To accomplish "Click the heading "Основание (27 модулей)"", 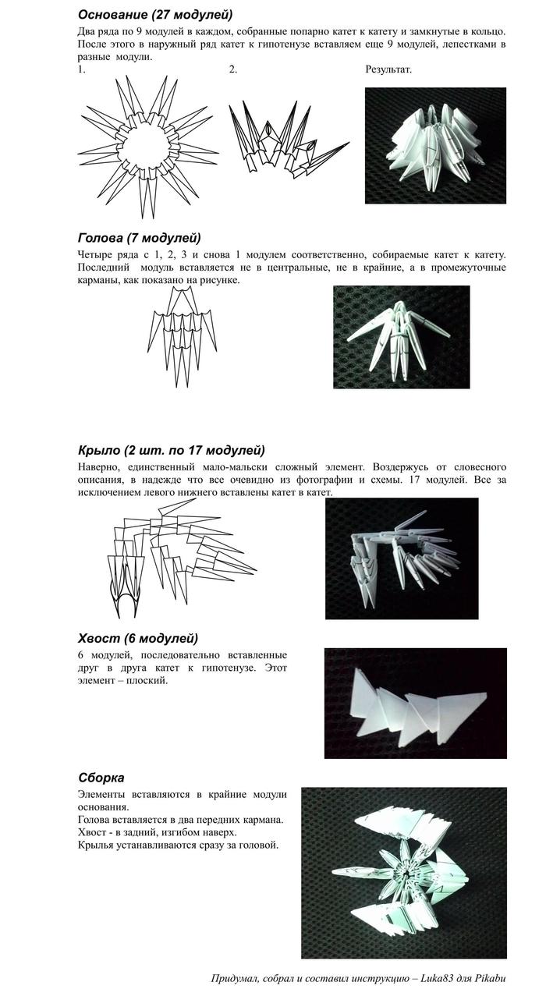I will [x=155, y=15].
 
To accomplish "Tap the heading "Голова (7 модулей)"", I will [x=139, y=238].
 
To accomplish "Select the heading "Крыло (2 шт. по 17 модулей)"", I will [x=171, y=450].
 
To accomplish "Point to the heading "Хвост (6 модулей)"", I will [x=137, y=638].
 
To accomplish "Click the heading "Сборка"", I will [x=101, y=778].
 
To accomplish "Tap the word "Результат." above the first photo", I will [x=388, y=69].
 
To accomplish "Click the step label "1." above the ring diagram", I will [x=81, y=69].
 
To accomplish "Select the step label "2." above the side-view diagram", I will [x=233, y=69].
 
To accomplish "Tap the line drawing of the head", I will [x=181, y=335].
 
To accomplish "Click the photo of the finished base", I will [x=434, y=145].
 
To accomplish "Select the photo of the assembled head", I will [x=401, y=336].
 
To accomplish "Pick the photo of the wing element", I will [x=401, y=558].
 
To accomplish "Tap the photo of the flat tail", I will [x=415, y=703].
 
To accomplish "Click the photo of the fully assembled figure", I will [x=403, y=872].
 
